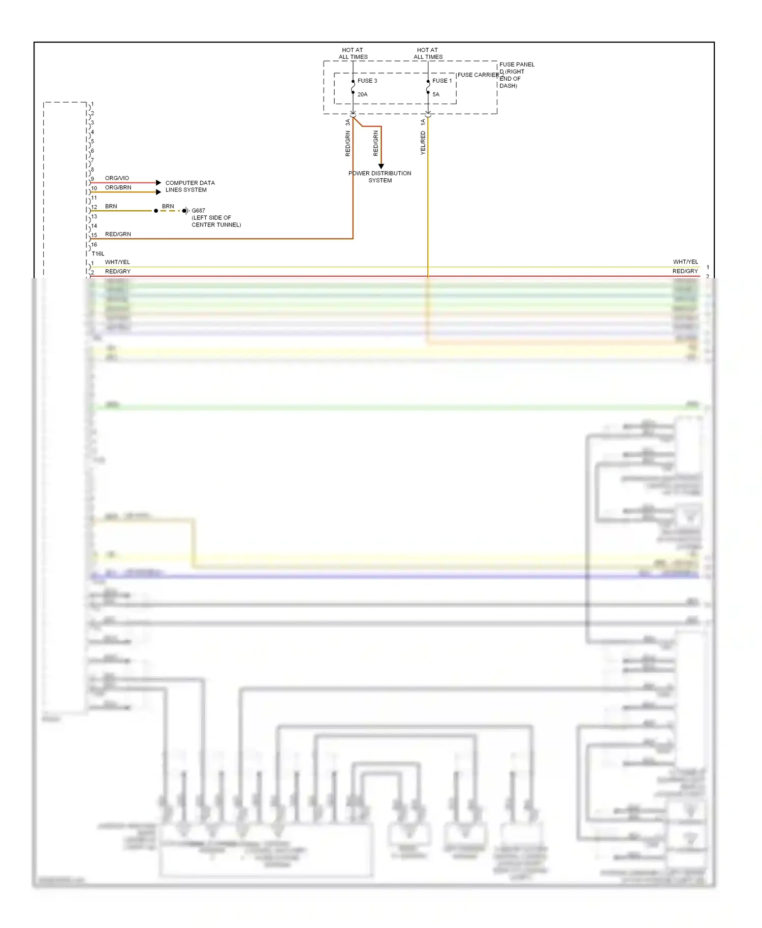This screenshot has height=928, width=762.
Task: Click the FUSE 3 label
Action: click(367, 81)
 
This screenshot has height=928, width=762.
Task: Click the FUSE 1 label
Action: click(441, 81)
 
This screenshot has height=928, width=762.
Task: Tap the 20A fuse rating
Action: click(362, 94)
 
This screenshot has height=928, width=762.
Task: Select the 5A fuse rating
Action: click(436, 94)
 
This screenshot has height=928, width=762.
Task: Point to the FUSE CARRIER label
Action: click(478, 75)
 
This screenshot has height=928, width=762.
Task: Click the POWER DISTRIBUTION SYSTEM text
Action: click(380, 177)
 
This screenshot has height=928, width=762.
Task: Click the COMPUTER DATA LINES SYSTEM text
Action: click(189, 186)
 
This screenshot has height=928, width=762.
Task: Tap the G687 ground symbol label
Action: click(198, 211)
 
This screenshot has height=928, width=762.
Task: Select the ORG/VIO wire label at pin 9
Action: click(117, 178)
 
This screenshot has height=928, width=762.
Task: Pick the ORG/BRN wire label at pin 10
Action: click(118, 187)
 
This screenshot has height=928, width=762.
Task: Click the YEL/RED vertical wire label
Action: click(423, 143)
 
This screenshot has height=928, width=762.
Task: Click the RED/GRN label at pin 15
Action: click(118, 234)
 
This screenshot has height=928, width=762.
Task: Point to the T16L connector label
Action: click(98, 253)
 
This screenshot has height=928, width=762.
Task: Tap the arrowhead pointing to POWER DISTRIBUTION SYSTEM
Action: click(381, 167)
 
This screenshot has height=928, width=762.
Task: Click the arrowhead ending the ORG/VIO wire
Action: click(158, 182)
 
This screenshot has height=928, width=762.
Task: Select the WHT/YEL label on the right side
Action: click(685, 262)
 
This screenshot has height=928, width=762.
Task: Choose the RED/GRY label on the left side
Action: click(118, 272)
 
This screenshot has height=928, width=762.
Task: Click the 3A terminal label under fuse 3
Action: click(348, 123)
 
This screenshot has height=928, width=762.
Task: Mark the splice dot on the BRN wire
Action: click(156, 211)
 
